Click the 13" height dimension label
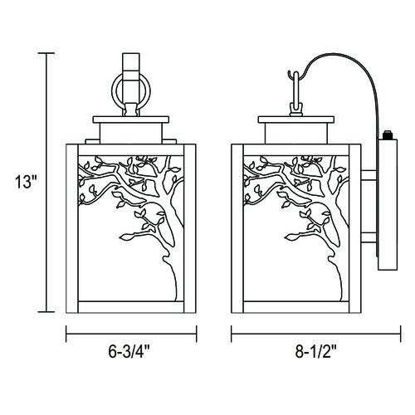pyautogui.click(x=26, y=183)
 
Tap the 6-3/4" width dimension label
pyautogui.click(x=129, y=352)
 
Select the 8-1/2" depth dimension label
pyautogui.click(x=316, y=352)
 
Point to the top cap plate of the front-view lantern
pyautogui.click(x=131, y=120)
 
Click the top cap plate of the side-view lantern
pyautogui.click(x=296, y=120)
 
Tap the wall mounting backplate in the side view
pyautogui.click(x=388, y=204)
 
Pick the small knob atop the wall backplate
pyautogui.click(x=387, y=135)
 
